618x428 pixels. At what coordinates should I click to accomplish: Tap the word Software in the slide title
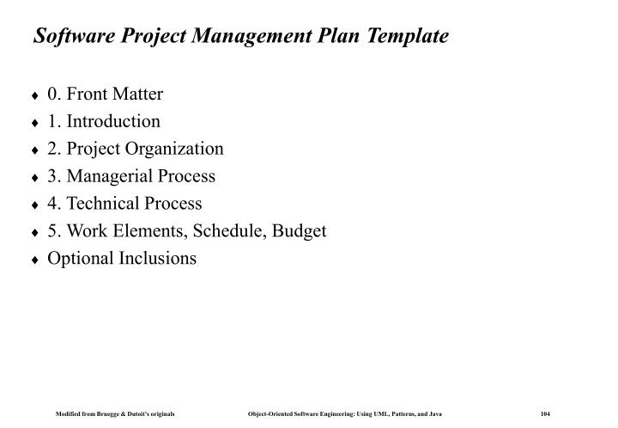(68, 37)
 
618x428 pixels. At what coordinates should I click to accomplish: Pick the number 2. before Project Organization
(54, 149)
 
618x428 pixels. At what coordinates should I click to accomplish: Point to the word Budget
(302, 231)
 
